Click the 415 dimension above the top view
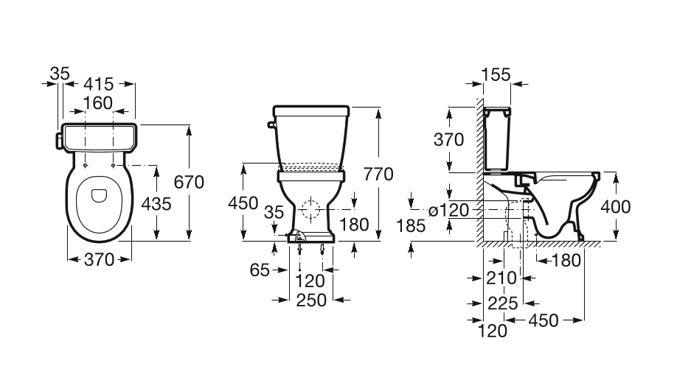98,83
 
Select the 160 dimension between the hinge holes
98,103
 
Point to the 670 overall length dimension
189,182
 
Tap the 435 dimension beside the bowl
156,204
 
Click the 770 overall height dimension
378,175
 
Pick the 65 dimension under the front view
259,270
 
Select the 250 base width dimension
311,300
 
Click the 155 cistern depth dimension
496,75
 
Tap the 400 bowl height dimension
615,206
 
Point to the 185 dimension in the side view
411,225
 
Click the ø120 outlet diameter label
449,211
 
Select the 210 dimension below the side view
501,278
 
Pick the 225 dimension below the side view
503,303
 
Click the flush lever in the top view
58,141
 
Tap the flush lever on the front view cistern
271,125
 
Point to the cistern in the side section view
497,138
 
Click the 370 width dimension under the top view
99,259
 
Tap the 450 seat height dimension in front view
243,203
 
